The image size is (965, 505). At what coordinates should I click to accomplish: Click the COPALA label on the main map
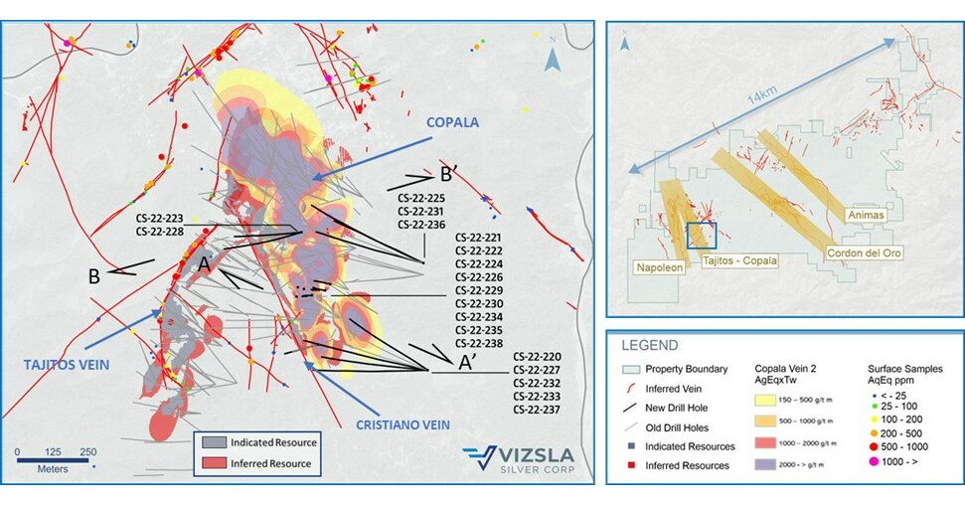click(459, 122)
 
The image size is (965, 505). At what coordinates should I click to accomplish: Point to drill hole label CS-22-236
click(420, 225)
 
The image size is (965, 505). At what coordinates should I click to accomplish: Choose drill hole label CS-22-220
click(537, 356)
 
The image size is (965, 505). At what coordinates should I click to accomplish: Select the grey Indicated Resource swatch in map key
click(214, 442)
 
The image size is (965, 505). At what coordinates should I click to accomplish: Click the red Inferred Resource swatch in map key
click(214, 462)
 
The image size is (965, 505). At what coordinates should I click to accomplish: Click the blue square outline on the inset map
click(701, 235)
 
